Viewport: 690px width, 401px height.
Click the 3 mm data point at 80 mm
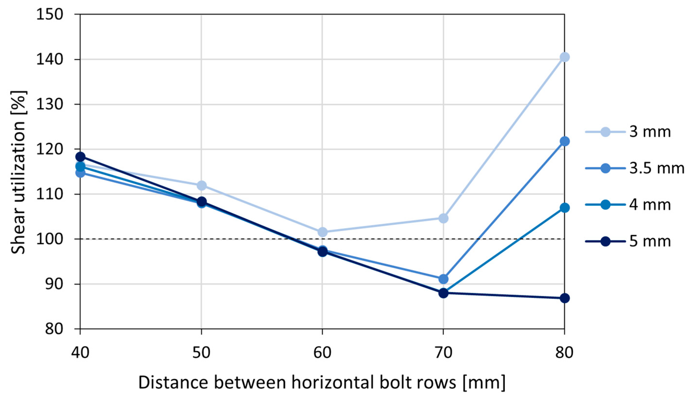pyautogui.click(x=564, y=57)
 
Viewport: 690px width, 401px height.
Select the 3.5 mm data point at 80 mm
pyautogui.click(x=564, y=141)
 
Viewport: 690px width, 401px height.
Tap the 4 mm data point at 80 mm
pyautogui.click(x=564, y=208)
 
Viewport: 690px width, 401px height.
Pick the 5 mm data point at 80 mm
pyautogui.click(x=564, y=298)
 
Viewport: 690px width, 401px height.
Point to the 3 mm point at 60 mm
pyautogui.click(x=322, y=232)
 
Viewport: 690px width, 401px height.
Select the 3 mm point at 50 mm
pyautogui.click(x=201, y=186)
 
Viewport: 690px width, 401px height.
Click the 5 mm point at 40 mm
pyautogui.click(x=80, y=157)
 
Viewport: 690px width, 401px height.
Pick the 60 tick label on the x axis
pyautogui.click(x=322, y=353)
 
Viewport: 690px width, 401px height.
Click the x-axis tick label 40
pyautogui.click(x=80, y=353)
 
